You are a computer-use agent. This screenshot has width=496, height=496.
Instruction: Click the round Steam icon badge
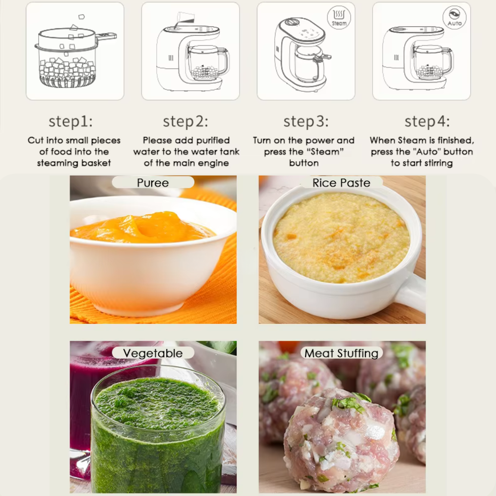pos(339,18)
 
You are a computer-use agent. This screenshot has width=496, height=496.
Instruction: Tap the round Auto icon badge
pos(454,18)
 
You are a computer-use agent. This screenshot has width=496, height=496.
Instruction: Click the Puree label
pos(153,183)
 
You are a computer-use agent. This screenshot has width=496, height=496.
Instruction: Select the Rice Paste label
pos(341,183)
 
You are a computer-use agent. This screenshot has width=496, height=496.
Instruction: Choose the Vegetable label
pos(153,353)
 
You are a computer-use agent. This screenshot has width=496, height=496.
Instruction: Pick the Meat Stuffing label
pos(341,353)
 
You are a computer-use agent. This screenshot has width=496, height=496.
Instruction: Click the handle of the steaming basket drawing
pos(106,37)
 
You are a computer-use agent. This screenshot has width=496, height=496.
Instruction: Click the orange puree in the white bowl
pos(142,228)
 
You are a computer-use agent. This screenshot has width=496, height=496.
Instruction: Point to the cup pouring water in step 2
pos(186,18)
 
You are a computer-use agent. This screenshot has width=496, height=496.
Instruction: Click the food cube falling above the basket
pos(81,16)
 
